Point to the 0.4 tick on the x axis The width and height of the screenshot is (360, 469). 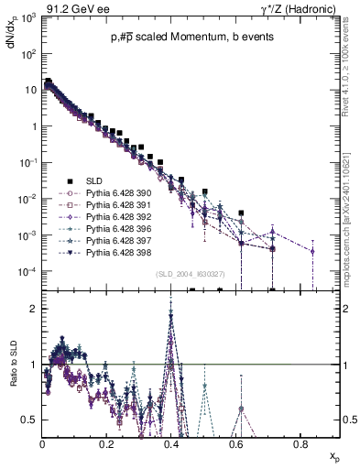[171, 444]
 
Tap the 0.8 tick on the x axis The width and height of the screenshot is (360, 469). [300, 444]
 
